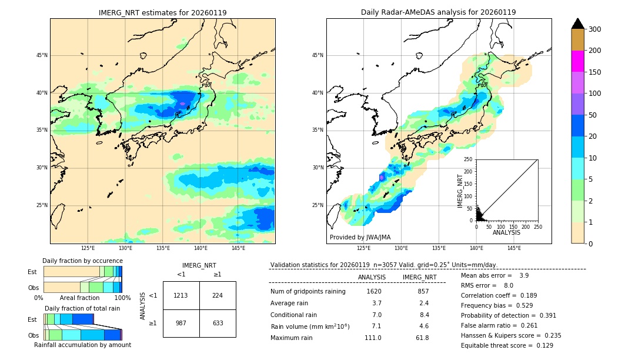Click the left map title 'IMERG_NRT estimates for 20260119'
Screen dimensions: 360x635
point(162,12)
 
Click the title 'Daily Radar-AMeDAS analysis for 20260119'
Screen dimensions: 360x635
point(438,12)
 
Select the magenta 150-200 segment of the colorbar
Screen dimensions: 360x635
point(577,62)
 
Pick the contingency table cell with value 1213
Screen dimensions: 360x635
point(181,295)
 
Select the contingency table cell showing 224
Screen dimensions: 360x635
point(218,295)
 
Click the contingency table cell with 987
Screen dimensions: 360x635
point(181,323)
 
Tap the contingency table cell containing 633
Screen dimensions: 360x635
point(218,323)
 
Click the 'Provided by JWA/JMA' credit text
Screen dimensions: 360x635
point(360,237)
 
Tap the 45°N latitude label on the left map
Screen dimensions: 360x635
point(42,55)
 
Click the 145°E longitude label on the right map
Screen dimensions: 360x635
point(514,248)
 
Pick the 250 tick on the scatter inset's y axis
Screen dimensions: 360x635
point(469,159)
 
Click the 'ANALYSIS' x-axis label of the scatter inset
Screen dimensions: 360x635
point(506,232)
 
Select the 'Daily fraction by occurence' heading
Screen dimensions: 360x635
point(82,261)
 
